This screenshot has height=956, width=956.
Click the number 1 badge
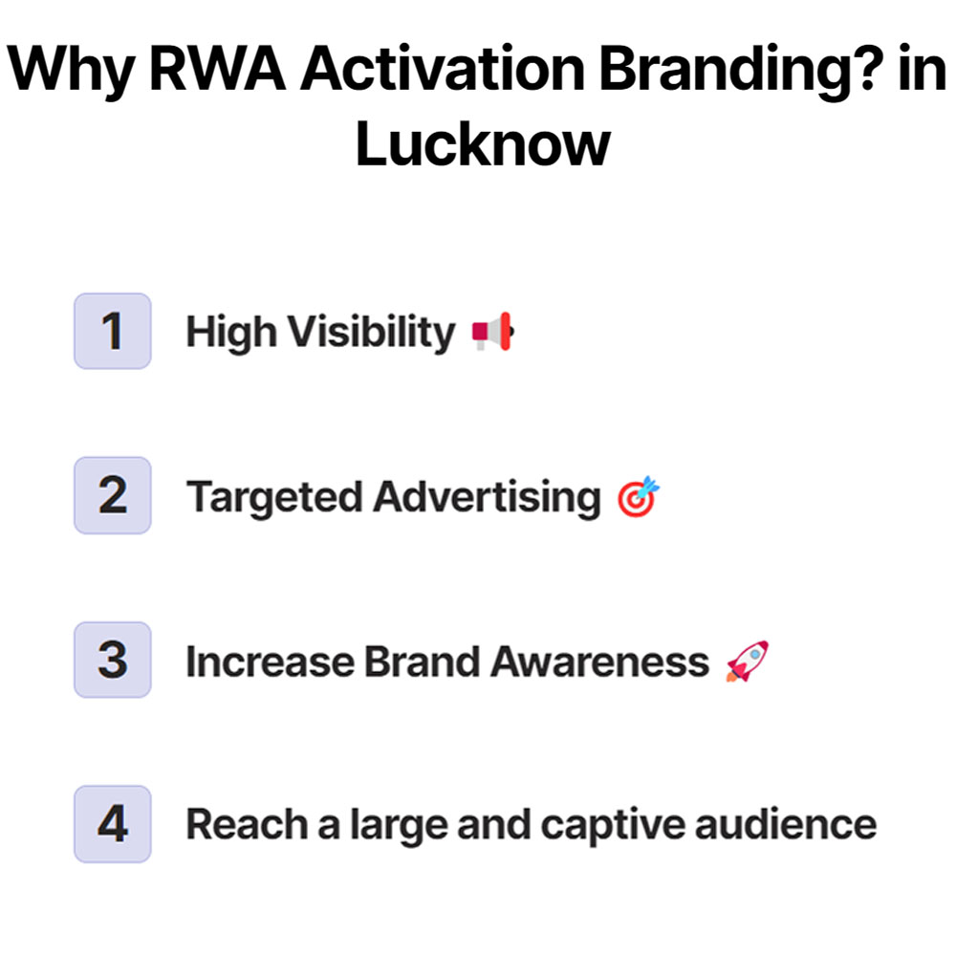(x=113, y=331)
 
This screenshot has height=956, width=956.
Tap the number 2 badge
(x=113, y=495)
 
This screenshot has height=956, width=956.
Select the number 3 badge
(x=113, y=660)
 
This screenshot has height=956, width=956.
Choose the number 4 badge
(x=113, y=824)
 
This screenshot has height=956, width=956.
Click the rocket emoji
(x=747, y=662)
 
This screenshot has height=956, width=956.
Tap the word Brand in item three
(x=432, y=662)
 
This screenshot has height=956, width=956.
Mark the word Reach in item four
(x=244, y=825)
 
